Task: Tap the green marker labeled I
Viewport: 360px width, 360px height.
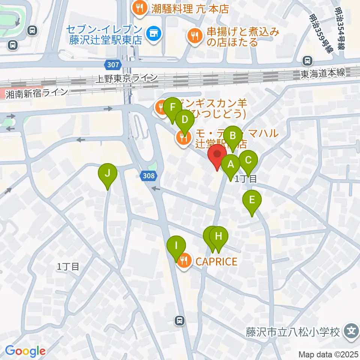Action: [x=176, y=247]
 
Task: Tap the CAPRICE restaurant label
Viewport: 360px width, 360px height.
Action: [x=216, y=261]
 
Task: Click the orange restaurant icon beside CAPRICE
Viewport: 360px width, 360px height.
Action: [x=184, y=259]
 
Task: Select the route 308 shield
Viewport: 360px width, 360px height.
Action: [x=148, y=175]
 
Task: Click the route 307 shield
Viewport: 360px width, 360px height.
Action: [x=114, y=65]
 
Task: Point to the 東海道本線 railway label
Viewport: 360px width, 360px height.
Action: [x=323, y=73]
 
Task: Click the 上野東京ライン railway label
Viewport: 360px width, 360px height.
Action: [x=127, y=78]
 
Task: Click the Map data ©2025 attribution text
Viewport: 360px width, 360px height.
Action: [x=329, y=354]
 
